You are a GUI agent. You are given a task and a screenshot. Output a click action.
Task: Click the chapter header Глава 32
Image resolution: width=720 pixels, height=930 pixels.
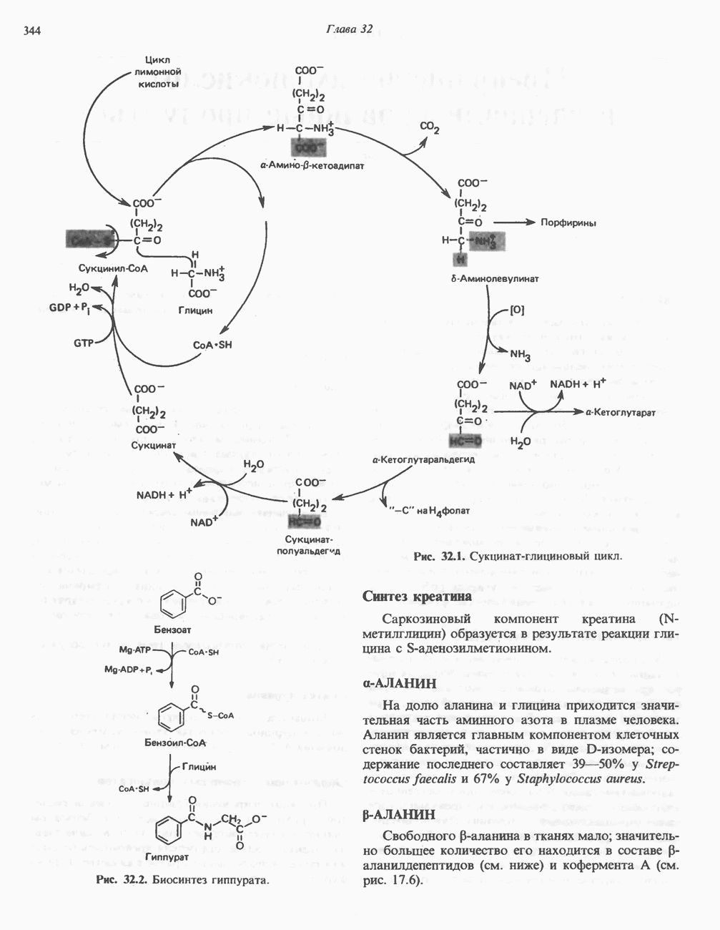(350, 29)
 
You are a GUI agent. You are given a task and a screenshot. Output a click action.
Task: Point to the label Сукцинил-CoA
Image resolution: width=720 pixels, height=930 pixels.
(113, 268)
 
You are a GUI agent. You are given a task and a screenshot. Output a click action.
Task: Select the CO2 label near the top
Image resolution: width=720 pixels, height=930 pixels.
(430, 127)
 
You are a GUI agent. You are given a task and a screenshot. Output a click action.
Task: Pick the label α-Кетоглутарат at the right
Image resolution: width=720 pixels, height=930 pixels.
(620, 413)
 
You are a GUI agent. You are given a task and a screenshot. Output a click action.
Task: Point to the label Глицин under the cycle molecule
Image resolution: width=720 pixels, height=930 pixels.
(195, 310)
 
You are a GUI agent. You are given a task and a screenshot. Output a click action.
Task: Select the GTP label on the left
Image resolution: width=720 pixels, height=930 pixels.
(84, 343)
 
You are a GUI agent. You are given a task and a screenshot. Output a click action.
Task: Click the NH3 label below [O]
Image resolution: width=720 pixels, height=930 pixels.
(520, 354)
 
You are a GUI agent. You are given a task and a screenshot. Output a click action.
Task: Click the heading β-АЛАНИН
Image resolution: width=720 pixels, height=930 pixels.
(399, 815)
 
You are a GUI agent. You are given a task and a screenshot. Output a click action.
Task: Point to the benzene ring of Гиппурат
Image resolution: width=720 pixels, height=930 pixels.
(169, 830)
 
